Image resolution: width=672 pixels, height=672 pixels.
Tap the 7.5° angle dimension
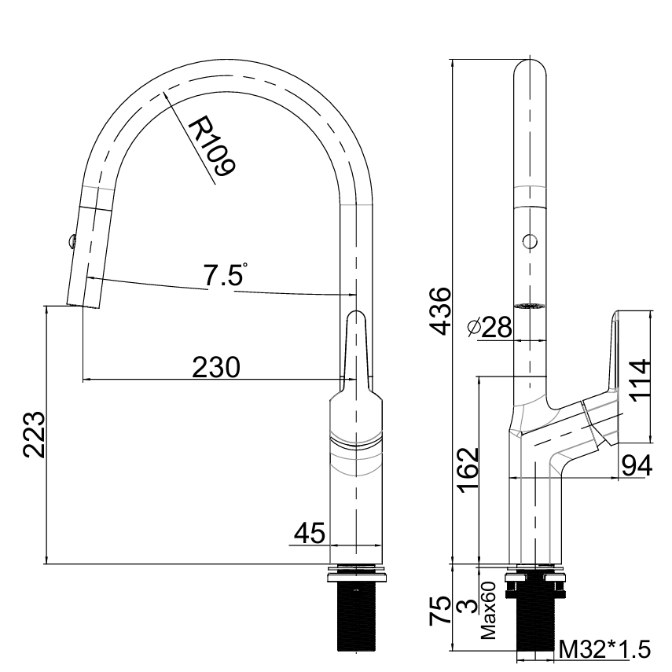click(x=224, y=276)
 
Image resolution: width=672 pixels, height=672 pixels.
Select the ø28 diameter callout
click(x=489, y=327)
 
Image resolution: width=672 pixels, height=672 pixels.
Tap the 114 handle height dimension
click(x=640, y=380)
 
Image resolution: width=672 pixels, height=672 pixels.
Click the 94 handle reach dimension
click(x=637, y=465)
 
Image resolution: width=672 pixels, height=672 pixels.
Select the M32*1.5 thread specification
click(x=604, y=649)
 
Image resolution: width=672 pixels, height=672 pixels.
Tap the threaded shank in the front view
click(x=357, y=616)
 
